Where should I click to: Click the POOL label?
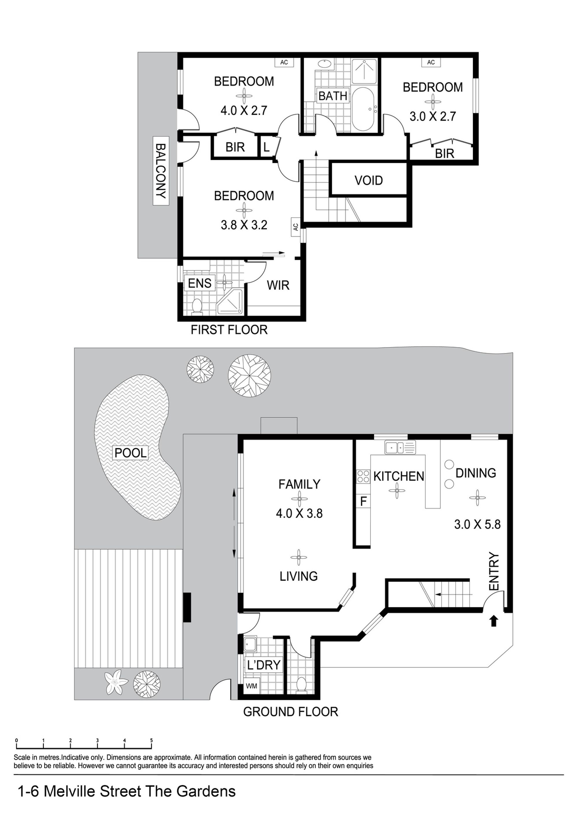pyautogui.click(x=131, y=453)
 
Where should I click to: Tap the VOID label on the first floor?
pyautogui.click(x=368, y=180)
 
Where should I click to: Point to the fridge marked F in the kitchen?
pyautogui.click(x=363, y=501)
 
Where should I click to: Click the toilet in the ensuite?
pyautogui.click(x=197, y=307)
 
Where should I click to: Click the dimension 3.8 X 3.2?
pyautogui.click(x=244, y=225)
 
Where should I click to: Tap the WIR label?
pyautogui.click(x=278, y=285)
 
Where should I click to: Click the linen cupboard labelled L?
pyautogui.click(x=266, y=147)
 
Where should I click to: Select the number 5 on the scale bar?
pyautogui.click(x=151, y=740)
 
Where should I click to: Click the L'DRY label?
pyautogui.click(x=264, y=665)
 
